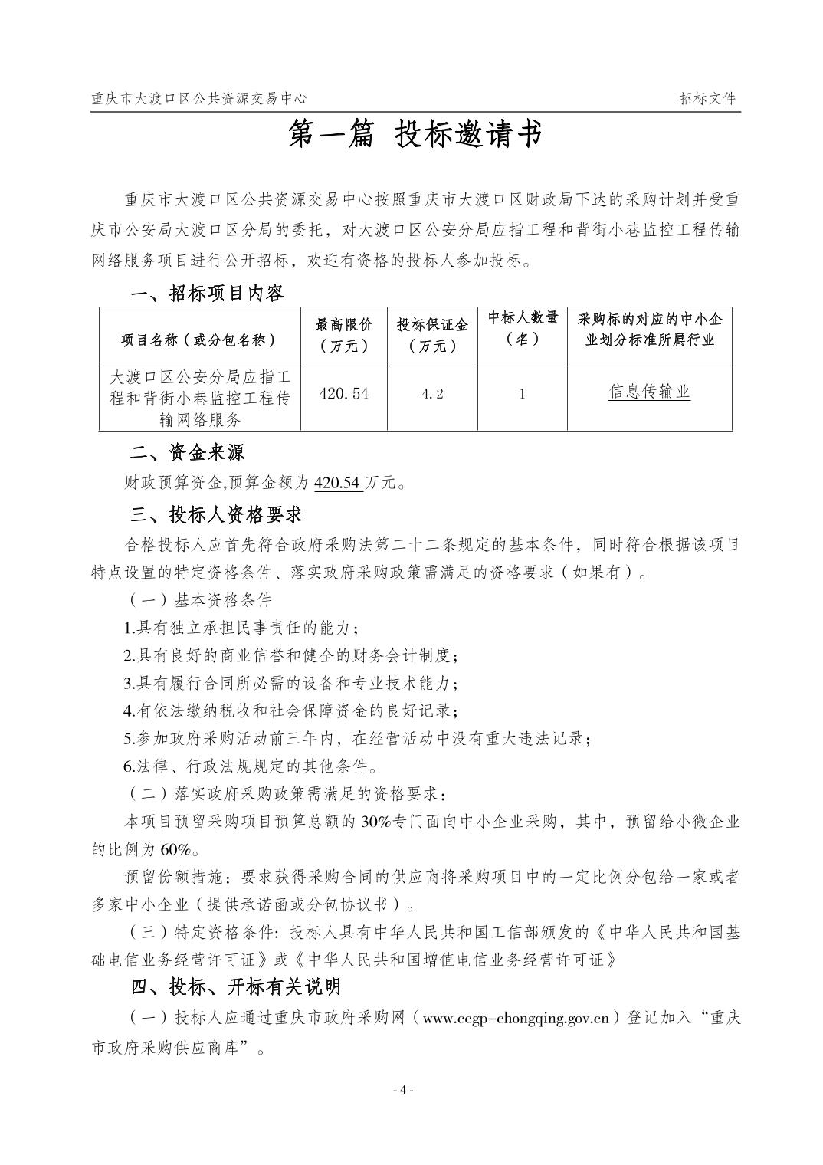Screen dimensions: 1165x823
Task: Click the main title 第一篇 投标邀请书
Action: coord(413,135)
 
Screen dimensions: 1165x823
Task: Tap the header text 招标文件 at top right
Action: coord(707,98)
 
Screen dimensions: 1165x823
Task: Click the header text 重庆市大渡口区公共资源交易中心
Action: coord(198,98)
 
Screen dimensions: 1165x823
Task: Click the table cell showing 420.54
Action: coord(344,393)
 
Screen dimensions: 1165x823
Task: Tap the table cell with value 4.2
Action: coord(432,393)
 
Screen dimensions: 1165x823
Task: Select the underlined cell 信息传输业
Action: coord(649,392)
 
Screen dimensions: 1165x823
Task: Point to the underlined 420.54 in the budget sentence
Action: coord(338,482)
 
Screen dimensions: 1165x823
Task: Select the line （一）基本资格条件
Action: coord(198,599)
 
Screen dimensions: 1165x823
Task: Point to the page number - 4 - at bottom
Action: coord(404,1090)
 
